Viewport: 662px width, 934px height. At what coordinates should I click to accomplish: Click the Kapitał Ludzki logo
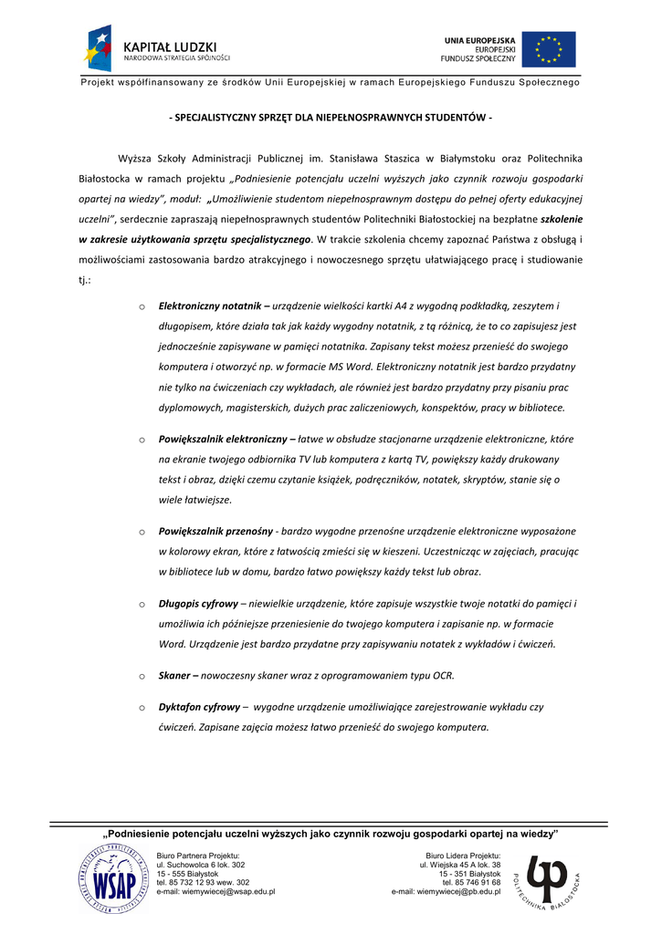click(x=155, y=49)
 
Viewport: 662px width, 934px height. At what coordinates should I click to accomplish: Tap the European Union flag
click(x=549, y=49)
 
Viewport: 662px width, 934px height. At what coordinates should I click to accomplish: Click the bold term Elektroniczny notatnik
click(x=205, y=306)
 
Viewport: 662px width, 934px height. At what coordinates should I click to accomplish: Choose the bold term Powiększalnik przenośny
click(x=215, y=531)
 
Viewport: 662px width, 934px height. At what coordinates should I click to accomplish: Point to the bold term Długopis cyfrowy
click(x=198, y=604)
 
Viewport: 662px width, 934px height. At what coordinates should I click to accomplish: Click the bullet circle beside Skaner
click(x=142, y=676)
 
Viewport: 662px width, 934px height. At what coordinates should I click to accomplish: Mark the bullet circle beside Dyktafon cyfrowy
click(x=142, y=707)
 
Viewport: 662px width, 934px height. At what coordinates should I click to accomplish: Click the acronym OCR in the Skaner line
click(x=443, y=676)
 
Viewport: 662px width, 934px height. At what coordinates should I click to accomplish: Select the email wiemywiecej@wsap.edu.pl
click(x=215, y=891)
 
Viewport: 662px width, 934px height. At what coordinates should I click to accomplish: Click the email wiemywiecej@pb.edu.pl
click(x=446, y=891)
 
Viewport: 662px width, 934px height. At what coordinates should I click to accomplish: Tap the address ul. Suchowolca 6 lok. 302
click(x=201, y=864)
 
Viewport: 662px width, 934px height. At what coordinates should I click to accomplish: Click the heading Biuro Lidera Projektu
click(x=463, y=855)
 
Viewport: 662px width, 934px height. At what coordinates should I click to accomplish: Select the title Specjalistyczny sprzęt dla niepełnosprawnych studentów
click(x=331, y=119)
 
